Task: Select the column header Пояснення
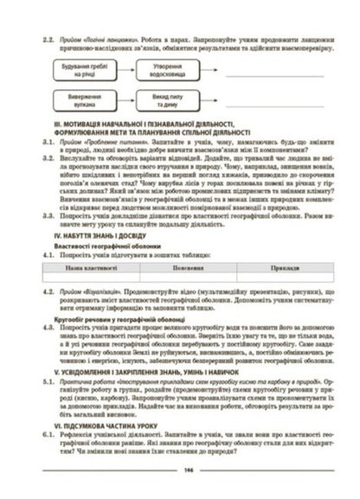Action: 188,270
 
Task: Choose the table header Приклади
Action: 286,270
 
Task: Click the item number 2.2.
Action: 37,41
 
